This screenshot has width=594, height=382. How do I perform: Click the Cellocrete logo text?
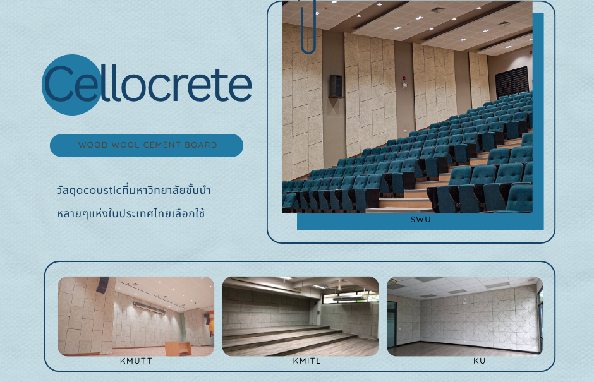point(148,83)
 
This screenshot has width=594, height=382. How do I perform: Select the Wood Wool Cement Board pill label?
point(147,145)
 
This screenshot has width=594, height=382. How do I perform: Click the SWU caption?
point(420,220)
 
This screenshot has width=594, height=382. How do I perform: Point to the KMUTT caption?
point(136,361)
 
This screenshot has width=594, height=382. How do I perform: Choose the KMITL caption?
point(307,361)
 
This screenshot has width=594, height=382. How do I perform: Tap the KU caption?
point(479,361)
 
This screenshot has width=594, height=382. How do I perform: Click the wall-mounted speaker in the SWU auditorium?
point(336,86)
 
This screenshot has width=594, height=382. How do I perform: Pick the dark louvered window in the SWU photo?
point(512,82)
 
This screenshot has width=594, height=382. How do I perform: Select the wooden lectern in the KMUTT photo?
point(178,349)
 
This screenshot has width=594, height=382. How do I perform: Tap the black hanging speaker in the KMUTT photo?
point(102,285)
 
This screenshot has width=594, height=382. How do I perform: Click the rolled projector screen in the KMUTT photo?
point(149,308)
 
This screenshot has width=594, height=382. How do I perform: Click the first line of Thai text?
point(133,189)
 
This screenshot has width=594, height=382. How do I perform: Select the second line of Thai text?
point(131,213)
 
